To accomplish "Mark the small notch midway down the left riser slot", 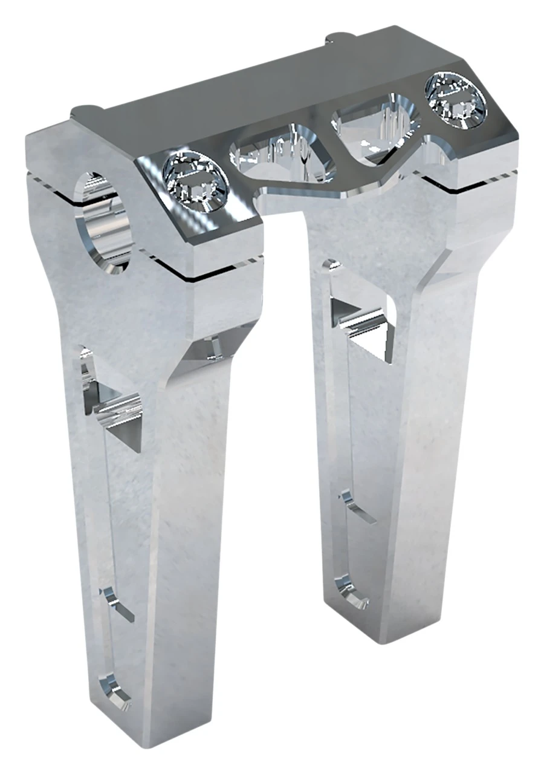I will tap(118, 602).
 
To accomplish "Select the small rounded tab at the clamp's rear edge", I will tap(336, 40).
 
